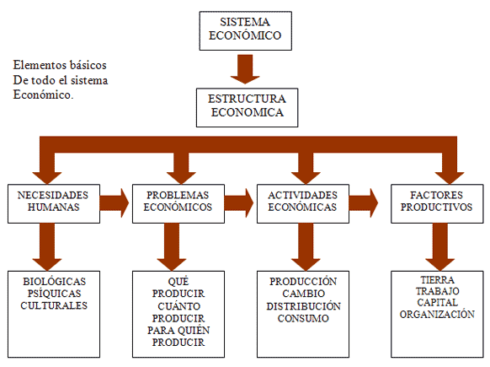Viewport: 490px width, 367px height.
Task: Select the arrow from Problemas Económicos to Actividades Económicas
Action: click(x=239, y=202)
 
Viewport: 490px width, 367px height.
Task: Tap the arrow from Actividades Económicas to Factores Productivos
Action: click(x=364, y=202)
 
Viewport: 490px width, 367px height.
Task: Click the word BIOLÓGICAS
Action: click(x=54, y=281)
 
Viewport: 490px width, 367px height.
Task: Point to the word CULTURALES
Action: click(x=54, y=305)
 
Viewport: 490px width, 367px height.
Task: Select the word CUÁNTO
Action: click(x=178, y=305)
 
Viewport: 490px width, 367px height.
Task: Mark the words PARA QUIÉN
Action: click(x=178, y=330)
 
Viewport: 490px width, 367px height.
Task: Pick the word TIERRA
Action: click(x=438, y=279)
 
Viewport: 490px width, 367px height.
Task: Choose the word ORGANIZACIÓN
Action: click(x=438, y=315)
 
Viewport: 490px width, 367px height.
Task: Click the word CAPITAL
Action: click(x=438, y=303)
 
